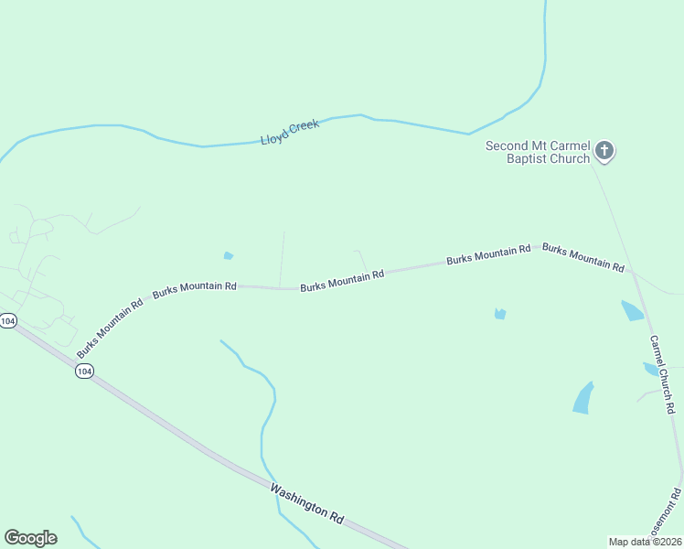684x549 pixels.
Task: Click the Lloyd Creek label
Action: [x=290, y=132]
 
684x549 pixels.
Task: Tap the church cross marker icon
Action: [x=604, y=151]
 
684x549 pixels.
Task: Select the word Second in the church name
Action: [x=506, y=145]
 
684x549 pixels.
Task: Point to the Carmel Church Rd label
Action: [x=662, y=373]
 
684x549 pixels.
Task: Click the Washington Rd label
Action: [x=306, y=503]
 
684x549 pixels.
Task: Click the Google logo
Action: [x=30, y=538]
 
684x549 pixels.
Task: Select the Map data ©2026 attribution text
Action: [x=645, y=542]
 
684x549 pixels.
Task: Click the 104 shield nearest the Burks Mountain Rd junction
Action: [x=84, y=371]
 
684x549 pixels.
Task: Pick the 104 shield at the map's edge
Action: [x=7, y=321]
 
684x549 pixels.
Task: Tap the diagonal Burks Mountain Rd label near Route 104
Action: [x=110, y=327]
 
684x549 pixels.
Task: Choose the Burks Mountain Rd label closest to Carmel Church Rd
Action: [x=582, y=258]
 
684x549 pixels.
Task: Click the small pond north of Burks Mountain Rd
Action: [x=228, y=256]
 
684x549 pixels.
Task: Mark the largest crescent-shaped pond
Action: [x=582, y=398]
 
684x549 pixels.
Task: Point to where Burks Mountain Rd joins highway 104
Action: [x=74, y=360]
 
